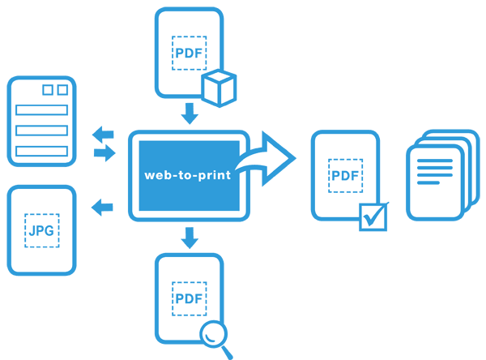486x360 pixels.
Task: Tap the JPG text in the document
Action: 41,230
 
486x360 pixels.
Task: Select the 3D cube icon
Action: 219,88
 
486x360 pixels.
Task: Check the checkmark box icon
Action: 373,216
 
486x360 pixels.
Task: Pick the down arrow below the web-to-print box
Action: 190,237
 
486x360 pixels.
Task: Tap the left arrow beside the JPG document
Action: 103,207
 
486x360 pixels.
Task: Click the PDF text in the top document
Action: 190,54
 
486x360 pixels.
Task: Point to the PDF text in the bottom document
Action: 190,298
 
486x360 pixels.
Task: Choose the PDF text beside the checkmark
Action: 346,175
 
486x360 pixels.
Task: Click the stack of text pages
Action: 438,176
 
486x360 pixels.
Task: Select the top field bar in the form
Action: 41,109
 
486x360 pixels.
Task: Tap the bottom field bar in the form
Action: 41,151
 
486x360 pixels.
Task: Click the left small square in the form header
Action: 47,90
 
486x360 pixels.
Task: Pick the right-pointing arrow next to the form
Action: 104,153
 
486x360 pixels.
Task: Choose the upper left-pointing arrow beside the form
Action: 103,135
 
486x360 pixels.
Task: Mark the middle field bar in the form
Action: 41,130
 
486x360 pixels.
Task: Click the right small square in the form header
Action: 62,90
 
